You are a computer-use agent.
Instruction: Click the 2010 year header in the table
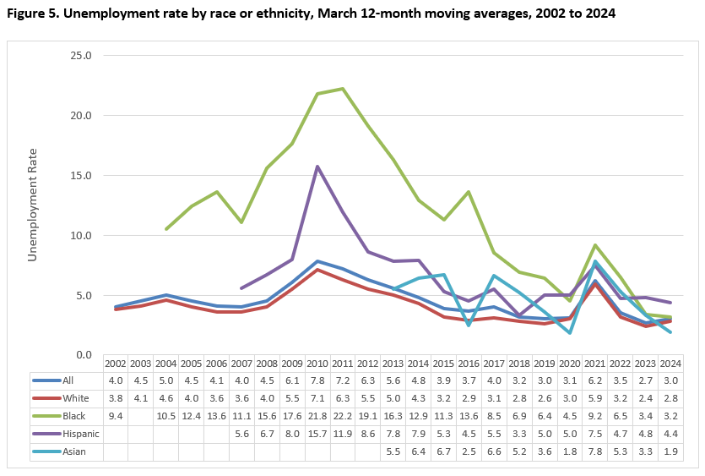click(x=317, y=363)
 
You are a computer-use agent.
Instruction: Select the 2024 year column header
click(x=672, y=363)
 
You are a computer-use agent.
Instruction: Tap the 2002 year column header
click(x=115, y=363)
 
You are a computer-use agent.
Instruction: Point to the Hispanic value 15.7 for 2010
click(x=317, y=434)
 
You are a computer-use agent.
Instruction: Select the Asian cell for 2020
click(x=571, y=451)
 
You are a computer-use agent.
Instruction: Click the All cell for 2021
click(x=596, y=380)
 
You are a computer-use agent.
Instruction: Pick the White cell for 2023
click(x=647, y=398)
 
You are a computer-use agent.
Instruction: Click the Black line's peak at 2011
click(x=343, y=89)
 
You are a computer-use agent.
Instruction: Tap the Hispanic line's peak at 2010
click(x=317, y=167)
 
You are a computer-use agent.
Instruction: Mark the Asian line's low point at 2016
click(x=469, y=325)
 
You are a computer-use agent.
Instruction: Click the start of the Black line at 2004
click(x=165, y=229)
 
